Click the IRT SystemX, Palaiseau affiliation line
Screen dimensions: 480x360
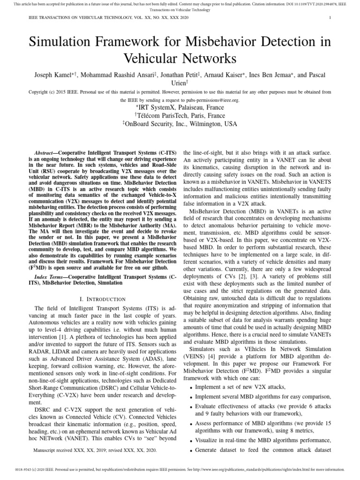180,107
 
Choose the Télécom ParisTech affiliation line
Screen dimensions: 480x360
180,116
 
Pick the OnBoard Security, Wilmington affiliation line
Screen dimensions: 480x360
180,124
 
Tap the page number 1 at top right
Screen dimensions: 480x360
330,18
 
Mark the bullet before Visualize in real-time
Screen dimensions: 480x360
191,441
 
